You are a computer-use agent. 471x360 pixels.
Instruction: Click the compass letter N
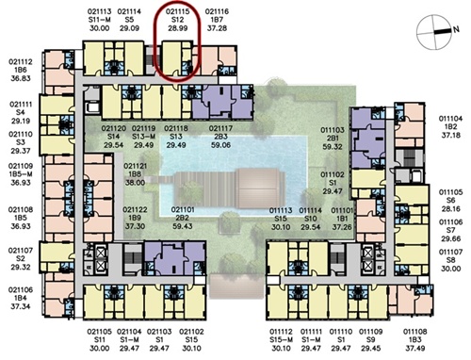(x=456, y=29)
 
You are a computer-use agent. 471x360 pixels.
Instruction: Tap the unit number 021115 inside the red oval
(x=177, y=11)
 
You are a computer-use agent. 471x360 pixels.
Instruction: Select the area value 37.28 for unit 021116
(x=217, y=28)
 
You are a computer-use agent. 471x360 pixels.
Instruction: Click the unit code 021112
(x=21, y=62)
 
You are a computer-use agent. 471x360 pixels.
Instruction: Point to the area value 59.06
(x=220, y=145)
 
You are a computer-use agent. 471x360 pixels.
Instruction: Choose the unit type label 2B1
(x=333, y=139)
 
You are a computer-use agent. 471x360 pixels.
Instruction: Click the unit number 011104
(x=450, y=119)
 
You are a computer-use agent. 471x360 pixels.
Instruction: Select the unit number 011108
(x=415, y=332)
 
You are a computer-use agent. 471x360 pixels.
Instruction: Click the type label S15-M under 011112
(x=282, y=340)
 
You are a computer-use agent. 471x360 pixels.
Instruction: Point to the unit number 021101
(x=183, y=209)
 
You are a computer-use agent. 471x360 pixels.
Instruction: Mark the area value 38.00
(x=135, y=183)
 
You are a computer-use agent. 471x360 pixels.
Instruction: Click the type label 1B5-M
(x=21, y=174)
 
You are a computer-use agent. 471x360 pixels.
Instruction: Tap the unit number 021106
(x=21, y=290)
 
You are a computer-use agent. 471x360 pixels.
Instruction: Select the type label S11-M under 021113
(x=99, y=20)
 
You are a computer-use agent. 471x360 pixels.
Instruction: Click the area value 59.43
(x=183, y=226)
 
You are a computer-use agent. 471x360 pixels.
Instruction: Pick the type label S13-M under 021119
(x=143, y=137)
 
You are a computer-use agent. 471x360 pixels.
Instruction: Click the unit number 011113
(x=281, y=210)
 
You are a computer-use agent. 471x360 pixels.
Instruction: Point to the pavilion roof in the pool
(x=260, y=188)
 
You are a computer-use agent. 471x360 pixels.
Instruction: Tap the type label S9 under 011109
(x=371, y=340)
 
